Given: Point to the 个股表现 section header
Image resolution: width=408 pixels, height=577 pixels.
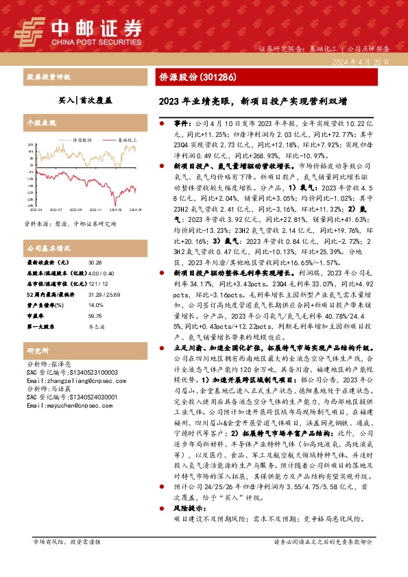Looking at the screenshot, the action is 41,122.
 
